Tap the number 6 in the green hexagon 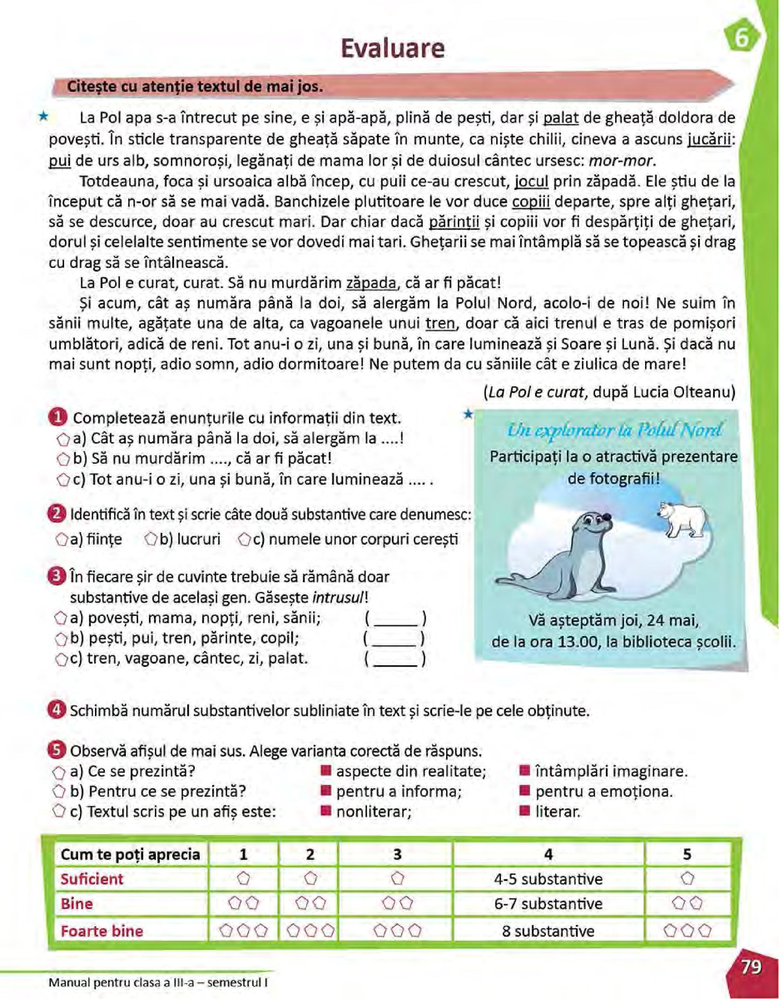(742, 39)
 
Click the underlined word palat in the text (561, 118)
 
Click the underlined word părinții (454, 222)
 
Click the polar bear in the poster (684, 519)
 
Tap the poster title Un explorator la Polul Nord (614, 430)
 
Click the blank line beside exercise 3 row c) (396, 660)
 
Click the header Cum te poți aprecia (130, 855)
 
